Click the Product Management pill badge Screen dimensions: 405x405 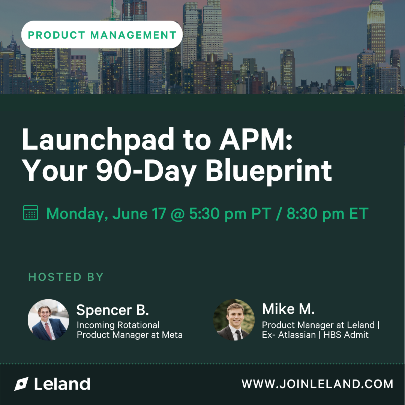tap(102, 34)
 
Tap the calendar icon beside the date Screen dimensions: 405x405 tap(30, 213)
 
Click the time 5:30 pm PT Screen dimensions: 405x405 tap(230, 214)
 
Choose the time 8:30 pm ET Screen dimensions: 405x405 tap(327, 214)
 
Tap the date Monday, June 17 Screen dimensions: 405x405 tap(106, 214)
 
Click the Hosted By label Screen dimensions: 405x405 tap(66, 277)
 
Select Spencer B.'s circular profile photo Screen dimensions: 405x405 tap(48, 320)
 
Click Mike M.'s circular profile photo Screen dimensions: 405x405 tap(234, 320)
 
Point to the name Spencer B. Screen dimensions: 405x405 tap(112, 310)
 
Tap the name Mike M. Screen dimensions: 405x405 tap(288, 309)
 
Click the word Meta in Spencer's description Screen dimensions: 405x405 tap(172, 335)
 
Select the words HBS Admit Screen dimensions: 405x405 tap(346, 335)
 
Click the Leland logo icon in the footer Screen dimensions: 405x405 tap(21, 384)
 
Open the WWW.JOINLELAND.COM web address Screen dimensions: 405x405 tap(317, 384)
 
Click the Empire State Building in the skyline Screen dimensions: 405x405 tap(376, 34)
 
